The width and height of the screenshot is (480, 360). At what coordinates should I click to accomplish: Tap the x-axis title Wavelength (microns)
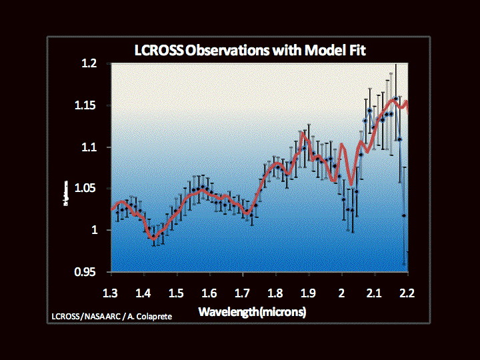coord(252,312)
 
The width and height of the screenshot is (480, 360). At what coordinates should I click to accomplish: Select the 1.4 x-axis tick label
coord(143,293)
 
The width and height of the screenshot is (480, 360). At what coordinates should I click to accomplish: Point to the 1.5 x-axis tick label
coord(176,293)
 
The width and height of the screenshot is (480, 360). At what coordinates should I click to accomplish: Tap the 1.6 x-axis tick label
coord(209,293)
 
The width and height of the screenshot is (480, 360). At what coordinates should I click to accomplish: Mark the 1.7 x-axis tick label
coord(243,293)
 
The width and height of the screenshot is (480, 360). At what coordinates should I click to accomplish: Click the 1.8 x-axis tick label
coord(275,293)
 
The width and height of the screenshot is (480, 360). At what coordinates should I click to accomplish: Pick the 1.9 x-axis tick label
coord(308,293)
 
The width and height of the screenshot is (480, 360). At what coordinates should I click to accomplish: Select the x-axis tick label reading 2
coord(341,293)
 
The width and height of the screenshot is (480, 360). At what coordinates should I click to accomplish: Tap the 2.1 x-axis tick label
coord(374,293)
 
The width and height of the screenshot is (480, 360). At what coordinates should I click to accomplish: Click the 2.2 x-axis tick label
coord(407,293)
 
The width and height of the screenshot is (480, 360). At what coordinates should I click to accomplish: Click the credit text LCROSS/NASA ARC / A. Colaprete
coord(110,315)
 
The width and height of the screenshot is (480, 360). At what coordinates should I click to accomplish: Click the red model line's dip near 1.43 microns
coord(153,237)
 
